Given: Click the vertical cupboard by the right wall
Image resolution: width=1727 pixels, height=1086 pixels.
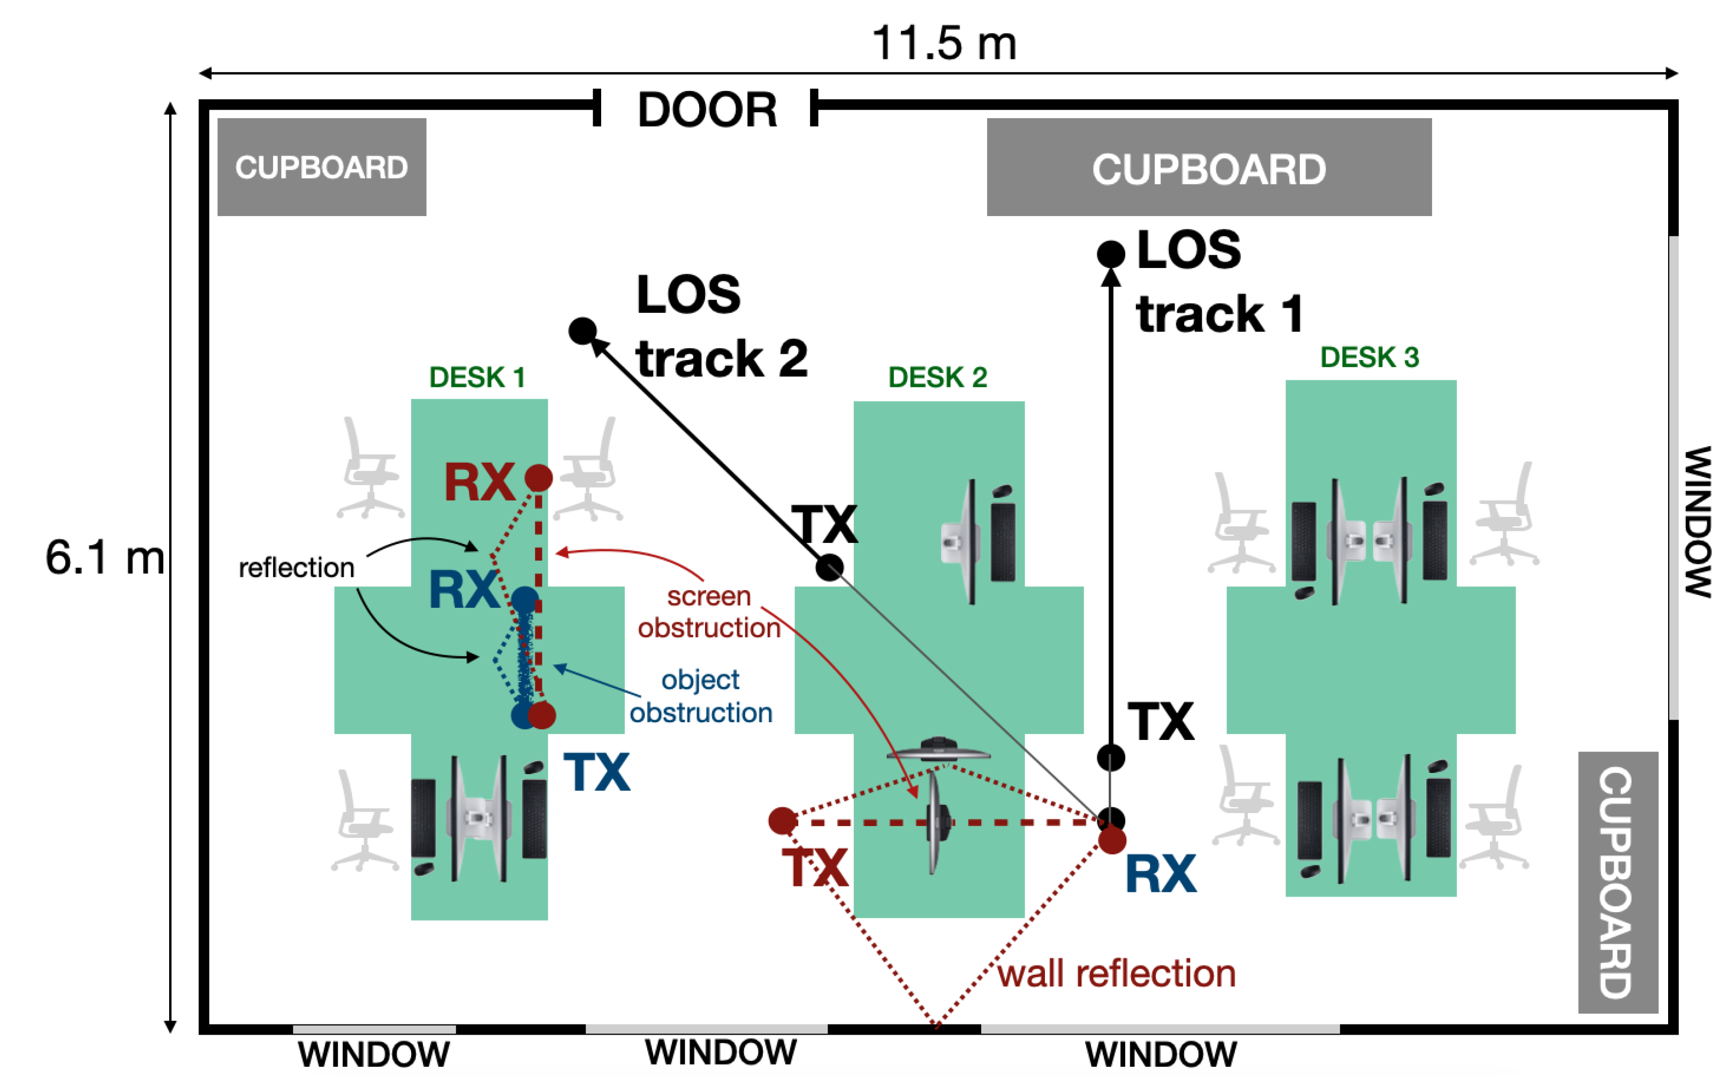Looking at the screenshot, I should (1617, 882).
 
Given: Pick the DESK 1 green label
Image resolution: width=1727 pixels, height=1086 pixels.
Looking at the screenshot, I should (477, 377).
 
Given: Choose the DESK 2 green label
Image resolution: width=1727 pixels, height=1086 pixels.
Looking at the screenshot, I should (937, 377).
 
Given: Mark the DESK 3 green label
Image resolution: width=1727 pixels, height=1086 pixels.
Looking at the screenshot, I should (1369, 357).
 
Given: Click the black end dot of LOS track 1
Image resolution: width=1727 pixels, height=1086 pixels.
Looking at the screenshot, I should (1110, 253).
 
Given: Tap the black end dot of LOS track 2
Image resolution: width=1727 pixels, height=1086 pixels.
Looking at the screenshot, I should (582, 331).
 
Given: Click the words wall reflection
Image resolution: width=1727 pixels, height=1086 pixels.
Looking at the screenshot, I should (1117, 974).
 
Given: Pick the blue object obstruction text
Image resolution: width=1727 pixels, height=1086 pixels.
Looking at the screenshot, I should (701, 696).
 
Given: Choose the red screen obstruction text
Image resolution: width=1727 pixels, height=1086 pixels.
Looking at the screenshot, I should (709, 611).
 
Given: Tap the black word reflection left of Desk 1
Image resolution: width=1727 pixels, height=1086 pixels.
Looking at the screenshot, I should (296, 568).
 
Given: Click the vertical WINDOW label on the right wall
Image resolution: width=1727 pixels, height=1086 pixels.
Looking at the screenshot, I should (1698, 521).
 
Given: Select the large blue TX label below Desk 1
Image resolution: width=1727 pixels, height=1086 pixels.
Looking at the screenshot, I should (597, 772).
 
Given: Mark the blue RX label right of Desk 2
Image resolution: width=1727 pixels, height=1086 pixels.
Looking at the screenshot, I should (1161, 874).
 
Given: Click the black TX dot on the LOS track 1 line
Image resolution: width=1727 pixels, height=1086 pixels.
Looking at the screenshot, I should (1110, 758).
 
